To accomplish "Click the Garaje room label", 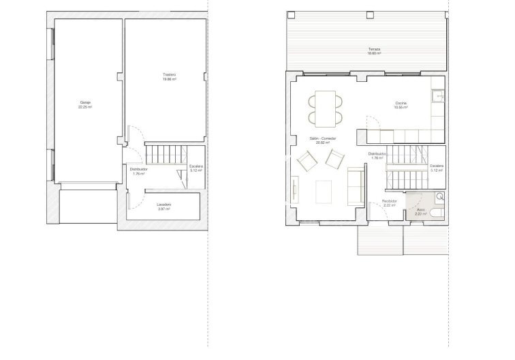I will coord(85,103).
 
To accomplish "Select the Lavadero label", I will coord(163,205).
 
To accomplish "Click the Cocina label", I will coord(401,103).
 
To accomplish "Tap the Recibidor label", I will coord(389,201).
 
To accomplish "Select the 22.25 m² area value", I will coord(85,107).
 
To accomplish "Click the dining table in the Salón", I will coord(326,108).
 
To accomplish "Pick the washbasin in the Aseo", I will coord(439,197).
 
